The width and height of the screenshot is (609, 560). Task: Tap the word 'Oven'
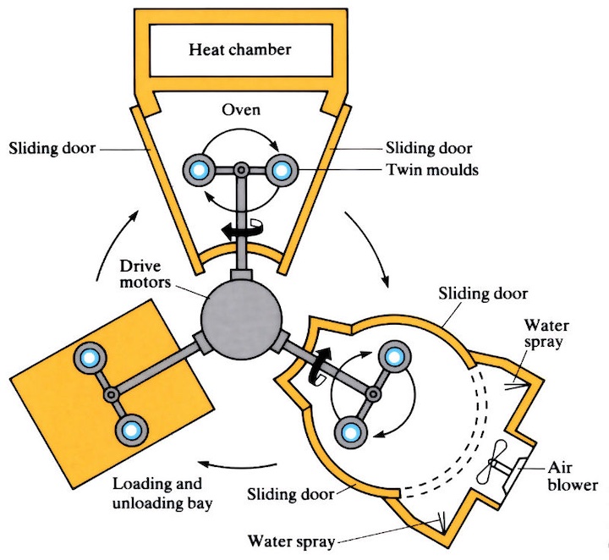coord(240,110)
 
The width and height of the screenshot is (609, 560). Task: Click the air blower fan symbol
coord(498,468)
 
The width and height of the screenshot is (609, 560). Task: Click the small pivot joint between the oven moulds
coord(240,170)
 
